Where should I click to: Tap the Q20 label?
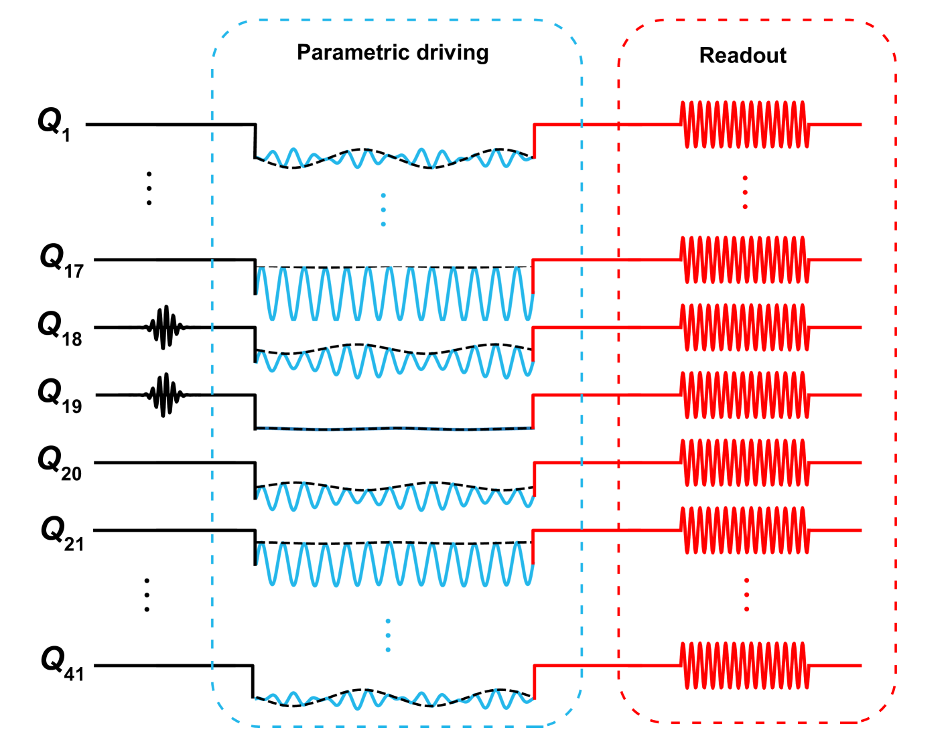(x=60, y=463)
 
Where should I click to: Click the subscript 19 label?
(x=72, y=406)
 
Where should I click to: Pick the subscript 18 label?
(x=72, y=339)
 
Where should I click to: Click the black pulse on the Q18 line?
(x=164, y=327)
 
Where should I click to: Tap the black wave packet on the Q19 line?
(x=164, y=395)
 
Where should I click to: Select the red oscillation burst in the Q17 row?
(x=745, y=260)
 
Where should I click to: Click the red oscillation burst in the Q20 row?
(x=745, y=463)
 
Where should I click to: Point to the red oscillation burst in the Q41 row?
(x=745, y=666)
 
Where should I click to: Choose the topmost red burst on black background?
(x=745, y=125)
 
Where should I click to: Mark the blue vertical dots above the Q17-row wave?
(x=383, y=210)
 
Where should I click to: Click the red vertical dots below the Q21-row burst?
(x=746, y=595)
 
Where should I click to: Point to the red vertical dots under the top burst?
(x=745, y=193)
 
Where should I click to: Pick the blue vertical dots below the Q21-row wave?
(x=388, y=635)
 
